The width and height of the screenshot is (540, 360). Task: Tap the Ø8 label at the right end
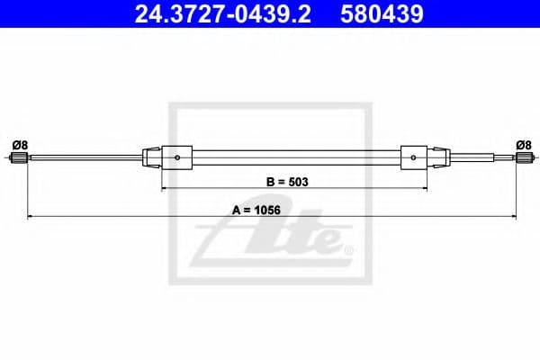(x=522, y=144)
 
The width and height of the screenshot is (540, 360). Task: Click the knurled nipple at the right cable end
(x=521, y=159)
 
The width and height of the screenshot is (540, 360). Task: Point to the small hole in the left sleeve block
(x=178, y=160)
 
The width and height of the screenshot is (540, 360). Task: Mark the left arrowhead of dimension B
(x=165, y=189)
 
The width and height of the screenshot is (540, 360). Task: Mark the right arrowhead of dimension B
(x=424, y=189)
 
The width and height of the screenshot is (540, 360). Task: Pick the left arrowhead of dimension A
(x=31, y=217)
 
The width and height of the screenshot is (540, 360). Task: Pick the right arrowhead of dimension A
(x=511, y=217)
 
